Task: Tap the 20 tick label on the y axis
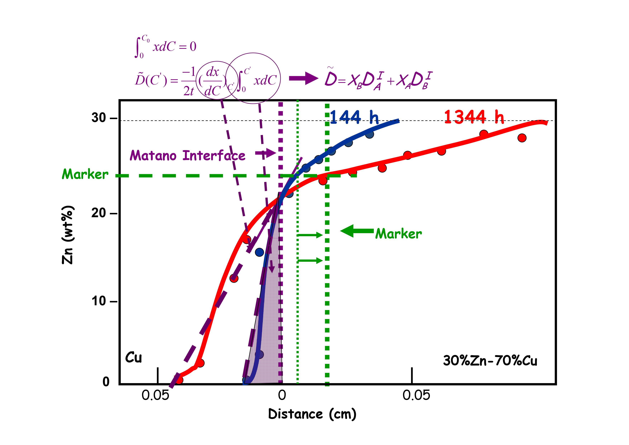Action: tap(99, 213)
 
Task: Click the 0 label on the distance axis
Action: tap(282, 395)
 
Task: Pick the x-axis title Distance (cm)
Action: tap(312, 414)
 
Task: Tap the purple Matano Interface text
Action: tap(188, 156)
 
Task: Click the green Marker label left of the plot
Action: tap(85, 174)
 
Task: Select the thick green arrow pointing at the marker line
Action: tap(357, 231)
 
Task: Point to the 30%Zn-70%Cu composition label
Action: tap(490, 361)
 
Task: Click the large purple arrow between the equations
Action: tap(303, 79)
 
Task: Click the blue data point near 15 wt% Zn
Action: tap(259, 252)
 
